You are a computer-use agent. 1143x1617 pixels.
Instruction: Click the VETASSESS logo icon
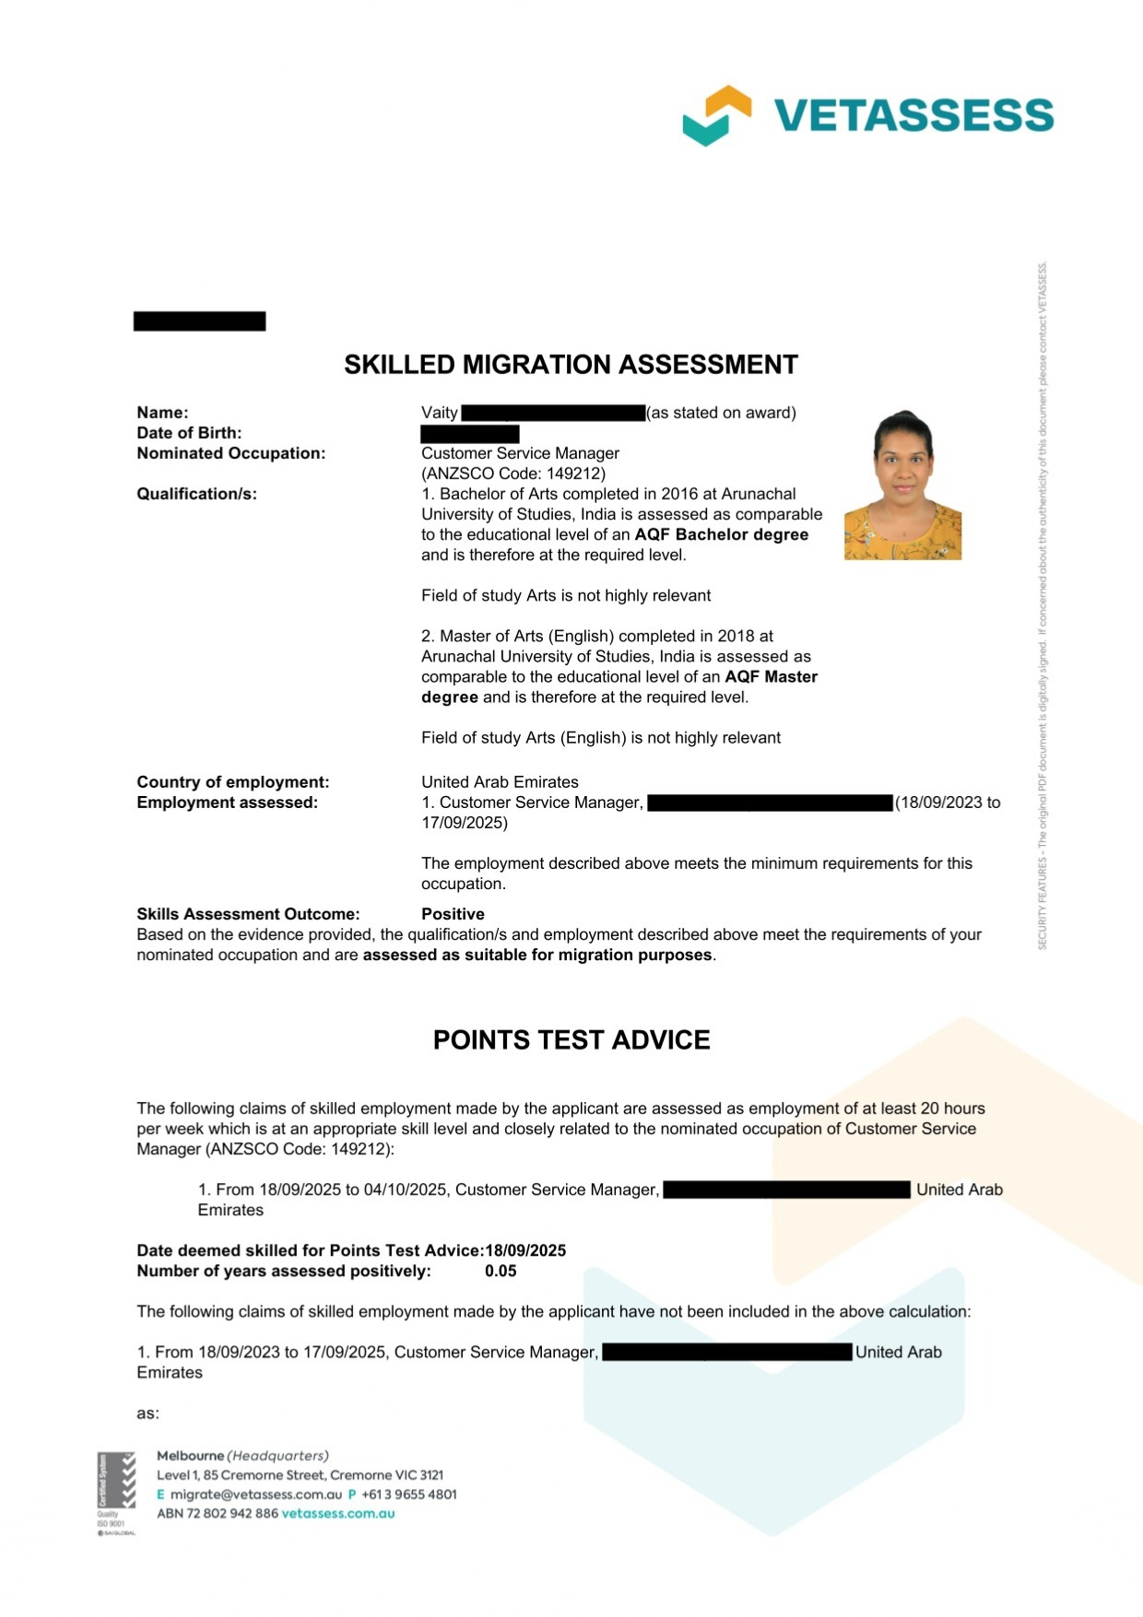tap(716, 115)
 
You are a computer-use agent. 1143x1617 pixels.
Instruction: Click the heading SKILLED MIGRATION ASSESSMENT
tap(571, 365)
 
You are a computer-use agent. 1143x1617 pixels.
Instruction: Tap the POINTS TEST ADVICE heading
tap(571, 1040)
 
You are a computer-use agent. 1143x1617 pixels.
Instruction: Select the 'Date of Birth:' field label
tap(189, 433)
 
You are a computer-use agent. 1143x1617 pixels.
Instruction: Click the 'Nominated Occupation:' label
tap(230, 453)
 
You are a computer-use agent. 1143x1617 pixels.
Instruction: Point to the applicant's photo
tap(902, 486)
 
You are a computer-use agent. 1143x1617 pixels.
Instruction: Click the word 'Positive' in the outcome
tap(453, 914)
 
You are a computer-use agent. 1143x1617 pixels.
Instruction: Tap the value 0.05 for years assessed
tap(501, 1271)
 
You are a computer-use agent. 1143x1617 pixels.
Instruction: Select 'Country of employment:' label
tap(232, 782)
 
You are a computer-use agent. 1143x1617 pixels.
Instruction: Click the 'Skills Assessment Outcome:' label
tap(248, 914)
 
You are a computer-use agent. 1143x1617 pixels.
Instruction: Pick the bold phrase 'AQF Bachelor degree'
tap(721, 534)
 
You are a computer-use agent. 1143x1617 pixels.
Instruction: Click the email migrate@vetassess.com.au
tap(255, 1494)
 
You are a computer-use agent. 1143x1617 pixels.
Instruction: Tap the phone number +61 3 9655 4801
tap(408, 1494)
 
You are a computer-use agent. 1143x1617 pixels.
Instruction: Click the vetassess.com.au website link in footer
tap(337, 1514)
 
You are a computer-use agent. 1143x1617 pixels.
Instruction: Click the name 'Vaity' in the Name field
tap(440, 413)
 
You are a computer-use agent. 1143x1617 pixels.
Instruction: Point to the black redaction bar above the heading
tap(199, 321)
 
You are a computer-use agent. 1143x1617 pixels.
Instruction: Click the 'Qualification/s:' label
tap(196, 494)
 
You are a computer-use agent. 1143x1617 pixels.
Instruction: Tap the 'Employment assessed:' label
tap(227, 803)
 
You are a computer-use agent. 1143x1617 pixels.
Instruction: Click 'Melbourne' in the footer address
tap(190, 1456)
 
